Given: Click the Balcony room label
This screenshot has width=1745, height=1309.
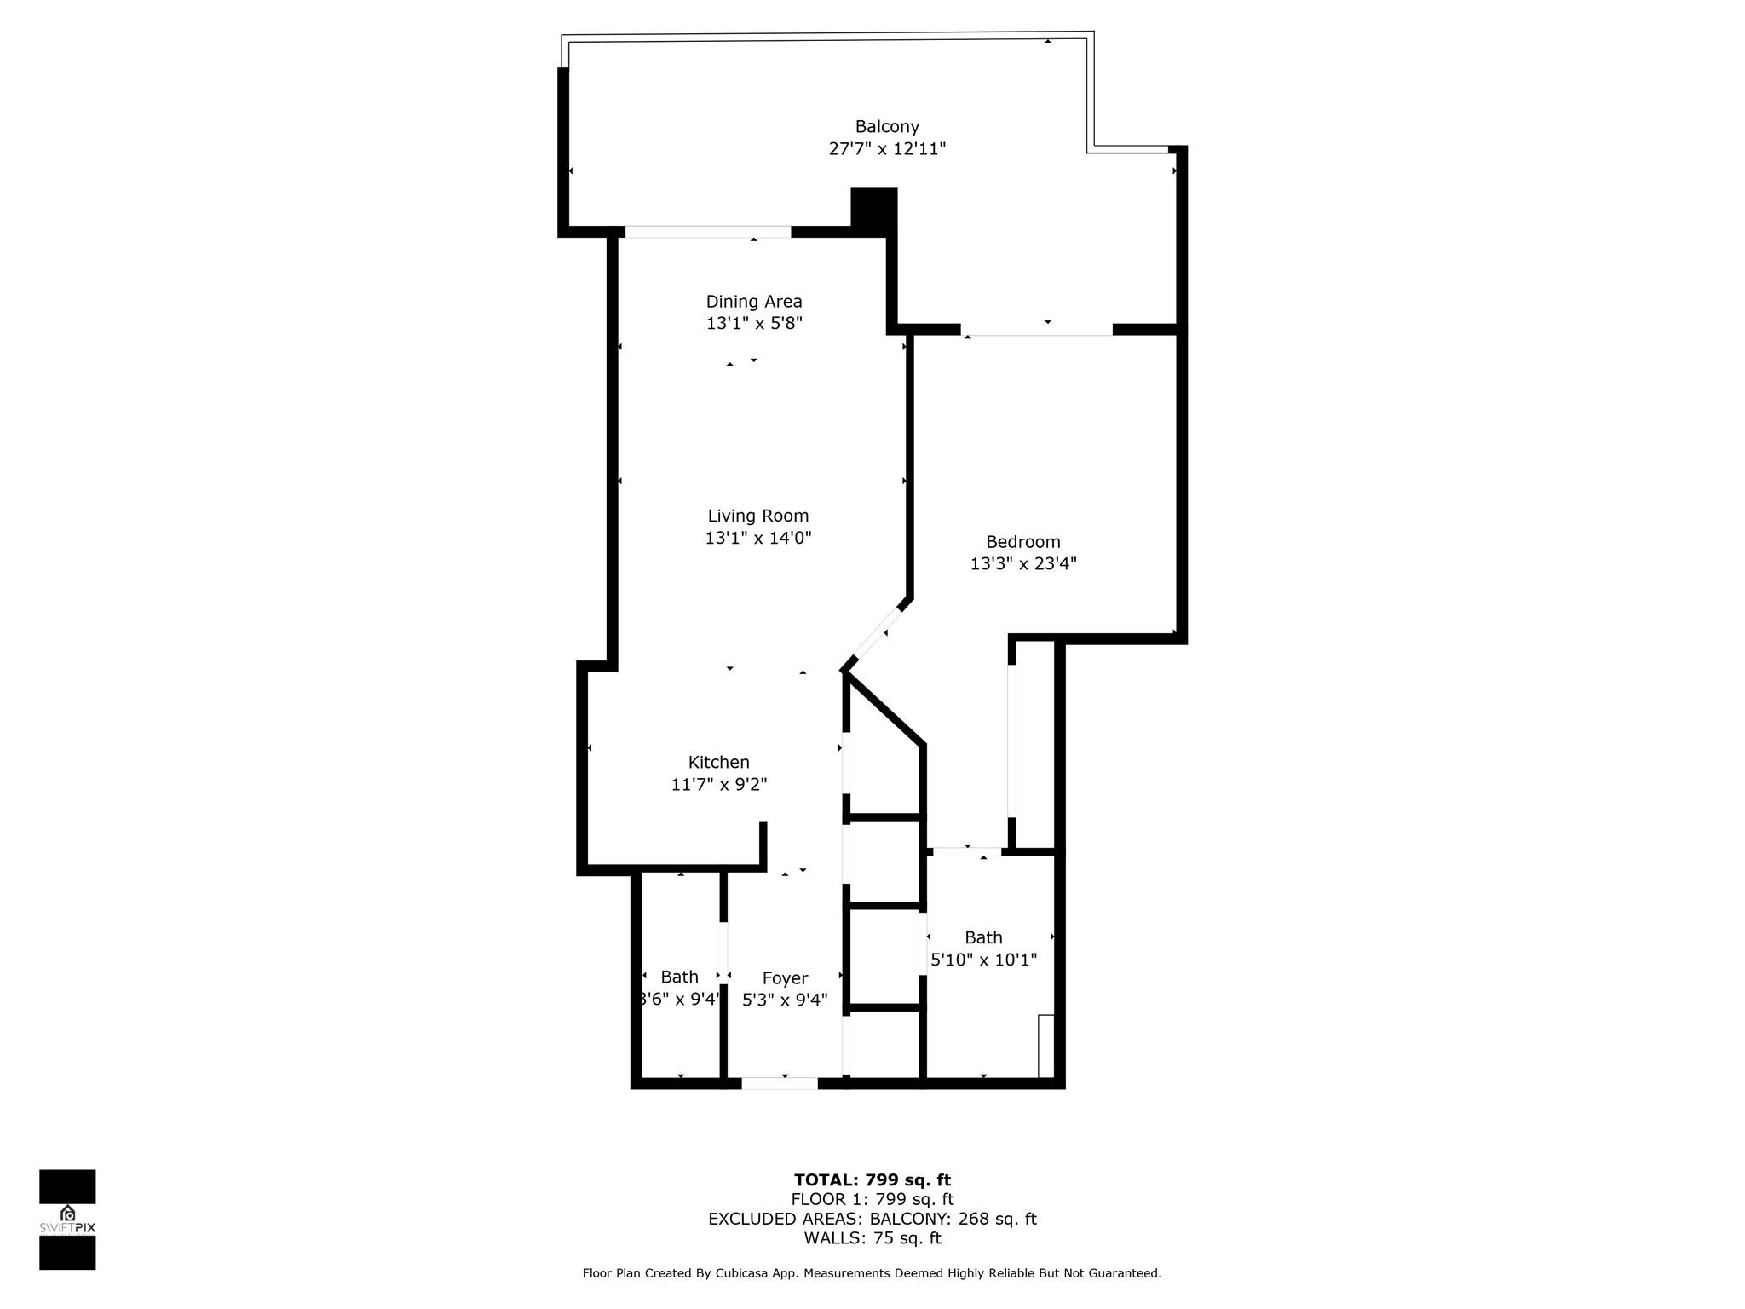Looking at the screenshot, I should (887, 127).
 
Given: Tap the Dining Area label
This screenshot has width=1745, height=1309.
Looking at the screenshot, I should (754, 302).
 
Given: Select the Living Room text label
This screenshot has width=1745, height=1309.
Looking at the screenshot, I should (757, 516).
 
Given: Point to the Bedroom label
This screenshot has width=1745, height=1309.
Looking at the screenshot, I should (1022, 542).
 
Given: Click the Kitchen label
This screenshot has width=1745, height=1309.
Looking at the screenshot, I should (718, 762).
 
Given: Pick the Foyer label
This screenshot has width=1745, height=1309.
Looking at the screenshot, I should (785, 978).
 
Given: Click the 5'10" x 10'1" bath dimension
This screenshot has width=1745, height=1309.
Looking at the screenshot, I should (983, 960).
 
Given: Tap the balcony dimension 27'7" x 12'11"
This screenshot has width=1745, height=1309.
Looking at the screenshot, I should (887, 149).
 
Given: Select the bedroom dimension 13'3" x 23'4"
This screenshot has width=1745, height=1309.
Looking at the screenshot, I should (1023, 563).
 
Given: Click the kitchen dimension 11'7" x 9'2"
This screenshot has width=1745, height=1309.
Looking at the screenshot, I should (718, 784).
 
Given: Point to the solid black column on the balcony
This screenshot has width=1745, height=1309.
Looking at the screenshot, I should (873, 207).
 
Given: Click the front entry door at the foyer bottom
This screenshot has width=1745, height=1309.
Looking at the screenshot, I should (779, 1083).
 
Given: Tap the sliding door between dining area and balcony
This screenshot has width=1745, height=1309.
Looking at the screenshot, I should (707, 232).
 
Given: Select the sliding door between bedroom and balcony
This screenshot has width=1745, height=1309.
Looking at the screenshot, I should (1036, 330).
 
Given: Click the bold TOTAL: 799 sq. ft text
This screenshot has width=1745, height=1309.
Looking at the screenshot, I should (872, 1180).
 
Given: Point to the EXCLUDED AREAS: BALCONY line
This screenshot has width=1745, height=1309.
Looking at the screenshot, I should (872, 1220).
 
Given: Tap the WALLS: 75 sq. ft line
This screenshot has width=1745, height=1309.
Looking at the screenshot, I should (872, 1238).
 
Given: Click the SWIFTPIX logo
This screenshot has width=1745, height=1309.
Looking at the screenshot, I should (67, 1220).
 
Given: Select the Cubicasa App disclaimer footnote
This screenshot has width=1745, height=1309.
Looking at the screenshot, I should (872, 1273).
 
